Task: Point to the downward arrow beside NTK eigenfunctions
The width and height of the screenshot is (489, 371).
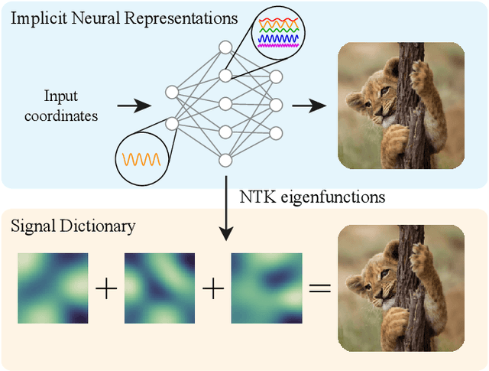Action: pos(225,206)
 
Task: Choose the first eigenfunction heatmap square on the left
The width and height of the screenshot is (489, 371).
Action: pos(53,288)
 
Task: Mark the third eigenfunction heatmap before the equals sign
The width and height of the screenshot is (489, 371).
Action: pos(266,288)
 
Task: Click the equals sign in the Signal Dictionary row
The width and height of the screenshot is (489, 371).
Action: pos(319,288)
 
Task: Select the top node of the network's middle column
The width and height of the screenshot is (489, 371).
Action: pos(225,47)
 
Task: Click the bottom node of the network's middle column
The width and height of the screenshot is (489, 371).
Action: pos(225,160)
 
